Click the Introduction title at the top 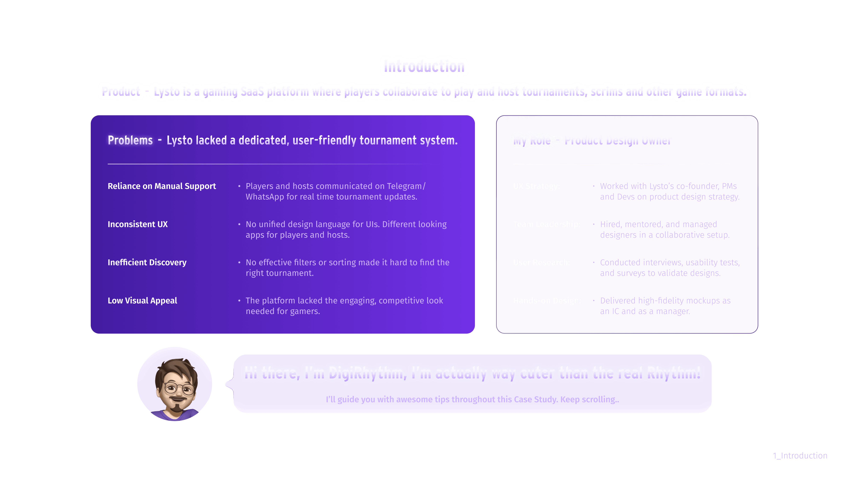(x=424, y=66)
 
